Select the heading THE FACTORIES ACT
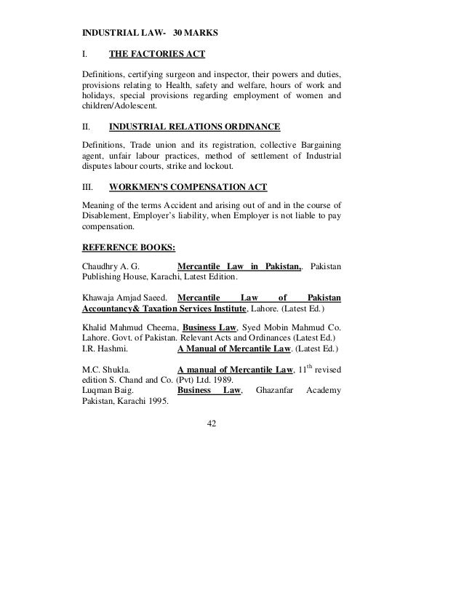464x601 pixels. point(156,53)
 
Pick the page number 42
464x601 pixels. point(212,423)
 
